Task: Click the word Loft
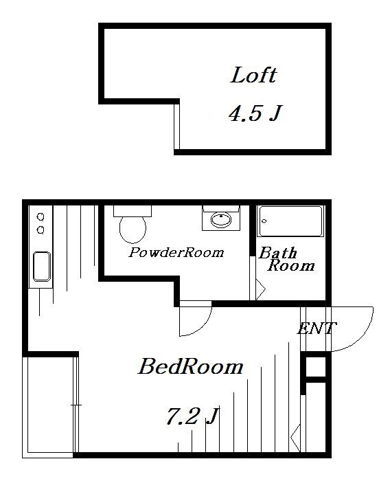point(253,75)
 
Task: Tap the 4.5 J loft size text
point(255,113)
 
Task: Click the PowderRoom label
point(176,252)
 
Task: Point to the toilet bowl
point(133,230)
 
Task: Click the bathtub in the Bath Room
point(290,221)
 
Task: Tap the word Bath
point(278,253)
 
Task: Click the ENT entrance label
point(317,328)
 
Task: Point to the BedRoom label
point(190,366)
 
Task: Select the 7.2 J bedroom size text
point(192,416)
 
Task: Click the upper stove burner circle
point(41,217)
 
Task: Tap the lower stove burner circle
point(41,230)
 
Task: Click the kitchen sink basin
point(42,267)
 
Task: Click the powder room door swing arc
point(202,327)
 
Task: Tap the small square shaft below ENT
point(316,367)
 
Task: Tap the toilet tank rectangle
point(133,211)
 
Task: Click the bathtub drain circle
point(264,221)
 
